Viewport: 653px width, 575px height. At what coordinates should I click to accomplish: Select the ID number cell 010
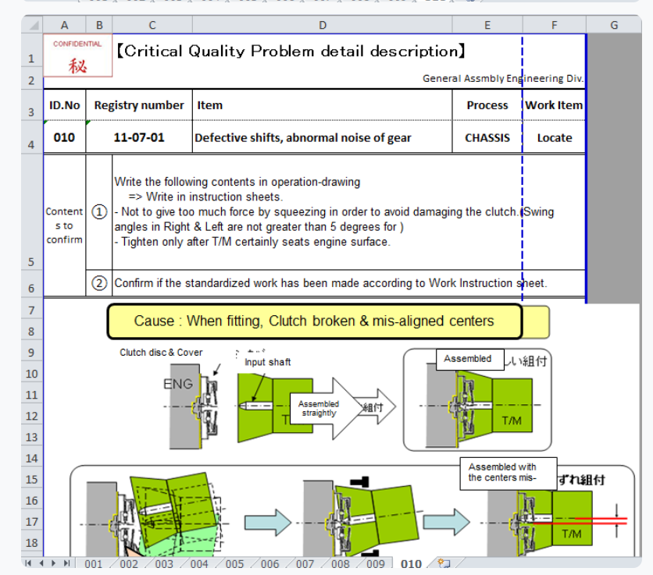pos(64,138)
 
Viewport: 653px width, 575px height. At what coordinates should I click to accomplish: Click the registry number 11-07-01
pos(139,138)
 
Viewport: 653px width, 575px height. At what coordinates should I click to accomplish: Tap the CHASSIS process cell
pos(487,138)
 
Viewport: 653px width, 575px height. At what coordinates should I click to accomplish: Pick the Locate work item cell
pos(555,138)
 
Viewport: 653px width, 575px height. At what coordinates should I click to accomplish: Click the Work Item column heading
pos(554,105)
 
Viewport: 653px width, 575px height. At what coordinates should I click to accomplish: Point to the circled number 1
pos(99,212)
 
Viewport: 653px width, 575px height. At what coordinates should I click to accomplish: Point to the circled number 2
pos(99,283)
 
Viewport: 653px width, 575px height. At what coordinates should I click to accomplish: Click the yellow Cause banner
pos(314,321)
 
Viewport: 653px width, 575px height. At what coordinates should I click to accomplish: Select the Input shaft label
pos(267,362)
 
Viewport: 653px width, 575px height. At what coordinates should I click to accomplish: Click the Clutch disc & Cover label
pos(161,353)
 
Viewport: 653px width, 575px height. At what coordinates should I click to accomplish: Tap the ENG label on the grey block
pos(178,384)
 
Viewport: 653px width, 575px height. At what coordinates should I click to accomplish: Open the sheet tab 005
pos(234,564)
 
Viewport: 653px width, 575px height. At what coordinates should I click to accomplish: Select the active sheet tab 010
pos(411,564)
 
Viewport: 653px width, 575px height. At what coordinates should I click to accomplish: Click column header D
pos(323,25)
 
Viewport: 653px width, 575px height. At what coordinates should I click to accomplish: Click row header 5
pos(31,262)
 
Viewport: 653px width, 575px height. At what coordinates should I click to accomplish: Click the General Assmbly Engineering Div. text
pos(503,79)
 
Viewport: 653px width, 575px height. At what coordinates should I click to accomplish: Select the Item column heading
pos(210,105)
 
